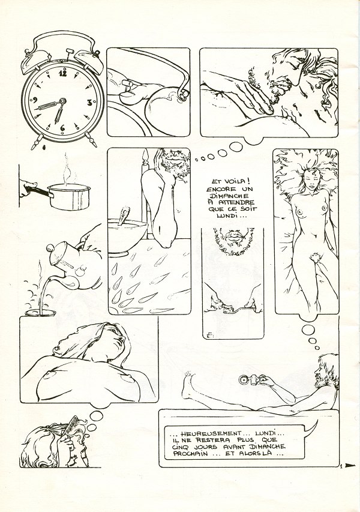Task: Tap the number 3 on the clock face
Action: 89,102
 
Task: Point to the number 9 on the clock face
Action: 35,101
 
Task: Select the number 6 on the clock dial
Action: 62,128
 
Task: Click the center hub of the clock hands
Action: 62,101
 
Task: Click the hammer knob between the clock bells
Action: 70,51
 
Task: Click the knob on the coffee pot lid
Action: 50,247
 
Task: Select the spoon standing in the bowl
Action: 124,215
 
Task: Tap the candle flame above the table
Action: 145,155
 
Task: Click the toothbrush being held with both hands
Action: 233,307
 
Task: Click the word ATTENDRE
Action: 241,202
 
